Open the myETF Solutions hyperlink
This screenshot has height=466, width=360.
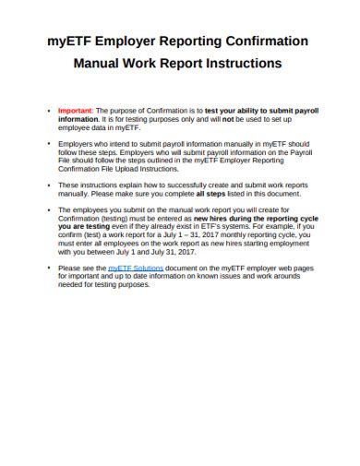tap(135, 268)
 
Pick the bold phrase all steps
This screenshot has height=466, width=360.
tap(234, 195)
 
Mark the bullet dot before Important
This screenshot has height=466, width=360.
tap(49, 110)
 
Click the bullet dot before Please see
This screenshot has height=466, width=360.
tap(49, 268)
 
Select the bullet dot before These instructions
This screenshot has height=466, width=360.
tap(49, 185)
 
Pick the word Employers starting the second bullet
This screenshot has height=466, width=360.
tap(77, 144)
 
